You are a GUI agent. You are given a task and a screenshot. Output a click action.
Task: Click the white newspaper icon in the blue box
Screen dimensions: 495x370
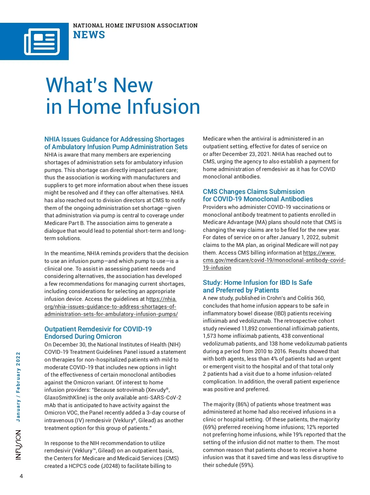(42, 42)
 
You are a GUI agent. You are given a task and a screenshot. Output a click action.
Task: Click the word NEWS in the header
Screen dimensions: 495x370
(89, 35)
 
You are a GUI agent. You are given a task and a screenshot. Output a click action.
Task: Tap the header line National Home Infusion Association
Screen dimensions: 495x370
(135, 26)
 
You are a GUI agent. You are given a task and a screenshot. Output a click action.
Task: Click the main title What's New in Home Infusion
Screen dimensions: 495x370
(123, 96)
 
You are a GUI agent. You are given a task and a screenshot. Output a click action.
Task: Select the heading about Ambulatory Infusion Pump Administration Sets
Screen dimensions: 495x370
(116, 143)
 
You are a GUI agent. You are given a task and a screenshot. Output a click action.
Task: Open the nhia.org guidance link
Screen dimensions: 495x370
(111, 307)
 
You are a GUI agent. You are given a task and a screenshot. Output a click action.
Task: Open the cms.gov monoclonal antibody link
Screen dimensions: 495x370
(274, 260)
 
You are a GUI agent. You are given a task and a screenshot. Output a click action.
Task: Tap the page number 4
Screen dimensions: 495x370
(21, 476)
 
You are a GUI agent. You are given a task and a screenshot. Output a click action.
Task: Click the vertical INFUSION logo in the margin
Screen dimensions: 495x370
(18, 445)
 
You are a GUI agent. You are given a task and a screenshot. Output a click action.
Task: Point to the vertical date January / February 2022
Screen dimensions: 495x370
(18, 387)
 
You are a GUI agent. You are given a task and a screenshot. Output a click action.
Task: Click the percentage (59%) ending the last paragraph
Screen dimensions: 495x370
(247, 465)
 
